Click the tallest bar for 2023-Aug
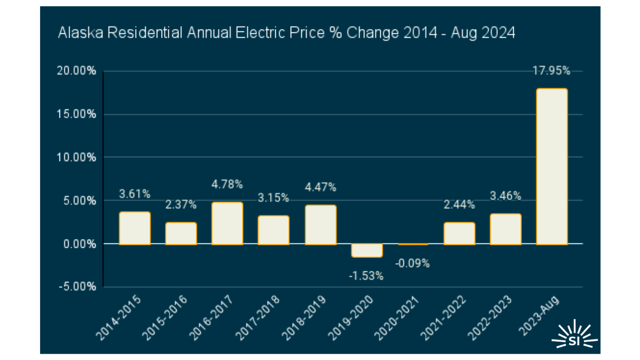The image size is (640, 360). (551, 166)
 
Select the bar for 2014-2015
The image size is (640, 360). (135, 228)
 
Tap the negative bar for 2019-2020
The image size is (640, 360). (367, 250)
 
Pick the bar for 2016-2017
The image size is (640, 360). (227, 223)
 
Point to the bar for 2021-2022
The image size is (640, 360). (459, 233)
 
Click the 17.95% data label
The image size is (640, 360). (551, 71)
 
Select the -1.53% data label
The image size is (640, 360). (367, 276)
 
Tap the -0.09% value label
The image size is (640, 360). (413, 264)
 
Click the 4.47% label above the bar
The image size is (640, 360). (320, 187)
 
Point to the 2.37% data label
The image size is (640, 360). (181, 205)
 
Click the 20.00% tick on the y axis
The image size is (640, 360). (78, 71)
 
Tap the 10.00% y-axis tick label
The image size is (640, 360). (78, 157)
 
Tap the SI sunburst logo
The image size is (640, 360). (574, 334)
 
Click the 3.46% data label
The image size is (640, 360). (506, 196)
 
